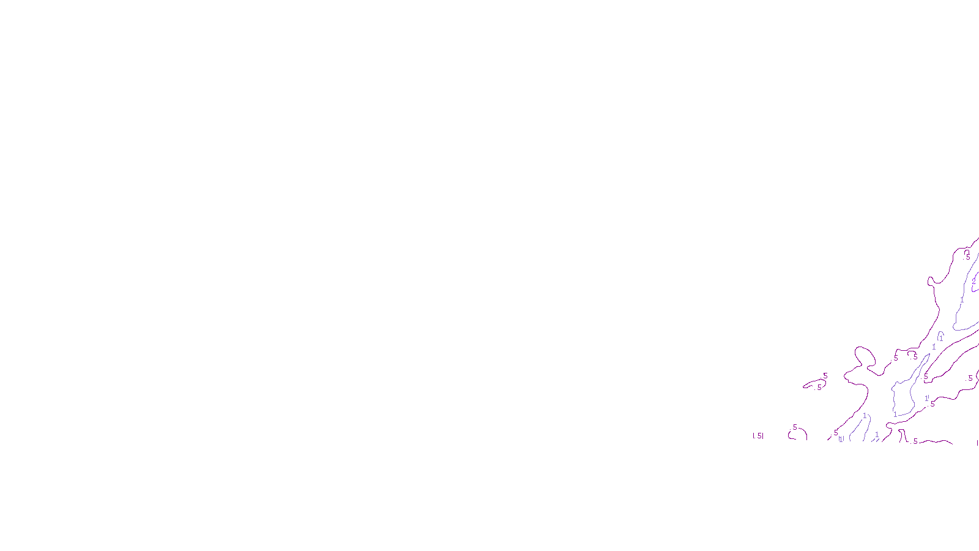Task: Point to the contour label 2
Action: [x=974, y=282]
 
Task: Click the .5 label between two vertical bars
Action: [x=758, y=436]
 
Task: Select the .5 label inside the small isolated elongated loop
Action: [x=819, y=387]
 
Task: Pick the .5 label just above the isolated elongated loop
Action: [x=825, y=376]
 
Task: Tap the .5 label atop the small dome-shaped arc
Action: [x=795, y=427]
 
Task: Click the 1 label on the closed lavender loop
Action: [x=895, y=414]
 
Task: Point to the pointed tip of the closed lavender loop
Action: [x=929, y=354]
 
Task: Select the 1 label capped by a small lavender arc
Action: [x=941, y=338]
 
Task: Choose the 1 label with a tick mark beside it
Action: [x=926, y=398]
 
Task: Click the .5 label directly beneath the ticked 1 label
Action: [x=932, y=404]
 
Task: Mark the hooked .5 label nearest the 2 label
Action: [x=968, y=257]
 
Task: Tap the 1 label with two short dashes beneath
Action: [x=877, y=435]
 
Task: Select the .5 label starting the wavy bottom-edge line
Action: [x=915, y=441]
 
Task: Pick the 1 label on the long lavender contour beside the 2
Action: [x=962, y=301]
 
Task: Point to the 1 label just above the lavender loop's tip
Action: [x=934, y=347]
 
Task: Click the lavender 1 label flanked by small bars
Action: [x=841, y=438]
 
